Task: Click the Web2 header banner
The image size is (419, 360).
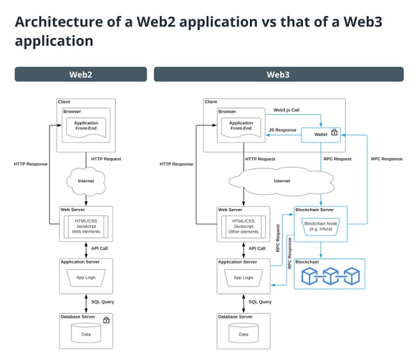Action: click(80, 74)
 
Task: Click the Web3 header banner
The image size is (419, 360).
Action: click(278, 74)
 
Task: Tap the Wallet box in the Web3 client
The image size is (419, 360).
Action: click(321, 133)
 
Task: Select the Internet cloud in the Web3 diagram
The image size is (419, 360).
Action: click(281, 181)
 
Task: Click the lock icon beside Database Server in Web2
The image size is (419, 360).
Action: click(106, 320)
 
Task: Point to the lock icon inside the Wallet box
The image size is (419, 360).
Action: click(334, 132)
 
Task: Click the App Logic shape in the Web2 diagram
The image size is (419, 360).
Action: click(86, 278)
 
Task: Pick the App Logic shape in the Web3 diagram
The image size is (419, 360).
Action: click(243, 278)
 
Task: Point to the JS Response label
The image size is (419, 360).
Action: click(282, 130)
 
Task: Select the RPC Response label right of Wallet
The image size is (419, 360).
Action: click(386, 159)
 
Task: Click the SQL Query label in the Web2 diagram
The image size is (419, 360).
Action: click(103, 302)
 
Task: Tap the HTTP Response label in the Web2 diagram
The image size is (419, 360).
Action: click(31, 164)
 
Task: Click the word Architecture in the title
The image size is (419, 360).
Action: click(57, 22)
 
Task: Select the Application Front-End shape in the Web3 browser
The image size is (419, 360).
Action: click(242, 127)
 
